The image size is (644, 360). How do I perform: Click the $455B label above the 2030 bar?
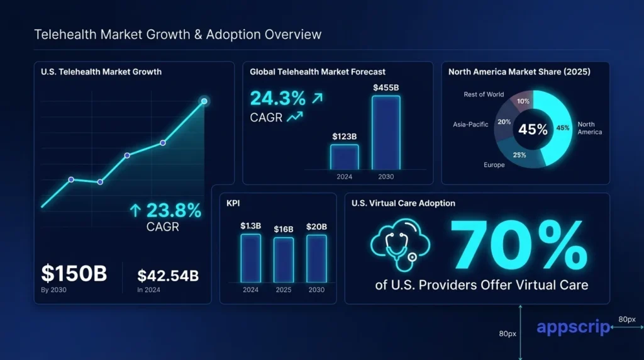click(386, 87)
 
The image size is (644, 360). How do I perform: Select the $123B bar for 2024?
click(344, 157)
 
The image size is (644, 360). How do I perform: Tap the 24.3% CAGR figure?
click(278, 98)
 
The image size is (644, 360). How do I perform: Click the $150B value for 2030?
click(74, 274)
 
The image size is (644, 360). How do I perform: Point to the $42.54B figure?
click(168, 275)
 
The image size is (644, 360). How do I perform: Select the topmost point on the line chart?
click(204, 101)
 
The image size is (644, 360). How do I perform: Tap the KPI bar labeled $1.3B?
click(250, 258)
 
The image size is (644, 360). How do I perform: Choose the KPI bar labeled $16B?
click(284, 260)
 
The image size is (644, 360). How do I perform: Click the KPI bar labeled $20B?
click(316, 258)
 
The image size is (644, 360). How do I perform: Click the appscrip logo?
click(572, 327)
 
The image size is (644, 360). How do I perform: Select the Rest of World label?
click(484, 94)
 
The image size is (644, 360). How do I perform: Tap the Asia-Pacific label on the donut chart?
click(470, 125)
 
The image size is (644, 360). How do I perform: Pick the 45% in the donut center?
click(533, 130)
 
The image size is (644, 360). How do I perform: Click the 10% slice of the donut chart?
click(523, 101)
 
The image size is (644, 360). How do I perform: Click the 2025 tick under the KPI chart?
click(284, 290)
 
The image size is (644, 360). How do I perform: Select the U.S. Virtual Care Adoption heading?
click(403, 203)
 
